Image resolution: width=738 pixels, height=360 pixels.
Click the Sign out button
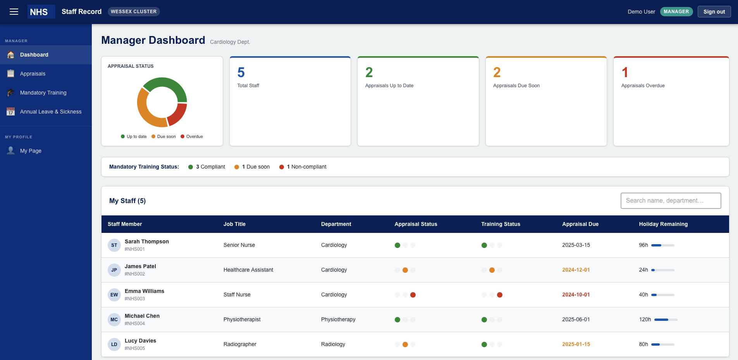coord(714,12)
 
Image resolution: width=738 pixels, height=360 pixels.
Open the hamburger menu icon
coord(14,12)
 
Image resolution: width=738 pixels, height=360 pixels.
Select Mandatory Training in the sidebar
coord(43,93)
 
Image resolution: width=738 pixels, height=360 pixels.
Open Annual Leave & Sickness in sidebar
coord(51,112)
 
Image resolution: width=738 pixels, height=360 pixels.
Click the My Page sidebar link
coord(31,151)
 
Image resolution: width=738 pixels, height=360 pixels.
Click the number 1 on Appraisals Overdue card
coord(624,72)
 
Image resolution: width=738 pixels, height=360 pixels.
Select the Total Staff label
coord(248,86)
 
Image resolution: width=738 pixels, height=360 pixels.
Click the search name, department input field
coord(671,201)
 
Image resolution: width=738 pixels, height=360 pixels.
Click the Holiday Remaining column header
coord(663,224)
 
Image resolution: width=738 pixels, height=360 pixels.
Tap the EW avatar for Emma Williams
coord(114,295)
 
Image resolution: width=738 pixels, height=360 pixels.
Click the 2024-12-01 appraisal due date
coord(576,270)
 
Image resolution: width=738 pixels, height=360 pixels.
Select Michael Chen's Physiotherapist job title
coord(242,320)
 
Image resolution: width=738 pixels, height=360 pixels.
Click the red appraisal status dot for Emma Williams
coord(413,295)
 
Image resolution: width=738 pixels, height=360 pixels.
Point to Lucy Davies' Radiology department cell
coord(333,344)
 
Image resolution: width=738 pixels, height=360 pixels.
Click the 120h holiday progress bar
coord(666,320)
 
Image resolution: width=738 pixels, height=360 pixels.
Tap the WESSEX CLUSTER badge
coord(134,12)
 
